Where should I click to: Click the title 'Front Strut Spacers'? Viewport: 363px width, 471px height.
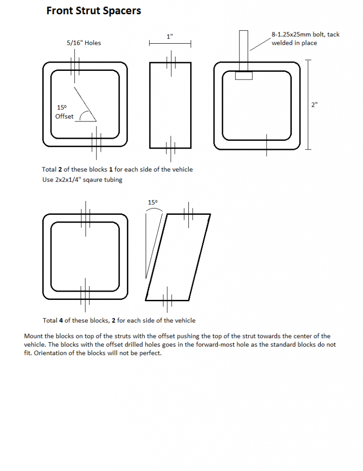point(93,11)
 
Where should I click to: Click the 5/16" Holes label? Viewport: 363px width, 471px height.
point(84,43)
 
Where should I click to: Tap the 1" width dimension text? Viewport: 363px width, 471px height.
point(170,36)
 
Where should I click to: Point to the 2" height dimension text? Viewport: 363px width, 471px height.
point(314,104)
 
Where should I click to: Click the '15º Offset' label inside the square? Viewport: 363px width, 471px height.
point(64,112)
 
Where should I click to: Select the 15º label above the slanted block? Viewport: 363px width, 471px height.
point(153,202)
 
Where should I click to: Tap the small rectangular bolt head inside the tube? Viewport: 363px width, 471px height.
point(244,75)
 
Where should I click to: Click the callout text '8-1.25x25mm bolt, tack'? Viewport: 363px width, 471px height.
point(305,34)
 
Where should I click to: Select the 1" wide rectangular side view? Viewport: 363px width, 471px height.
point(170,105)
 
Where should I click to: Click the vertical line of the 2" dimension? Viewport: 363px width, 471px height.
point(308,104)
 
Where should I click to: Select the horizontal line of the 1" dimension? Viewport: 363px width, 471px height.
point(170,43)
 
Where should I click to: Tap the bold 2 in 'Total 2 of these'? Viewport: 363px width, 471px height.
point(60,169)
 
